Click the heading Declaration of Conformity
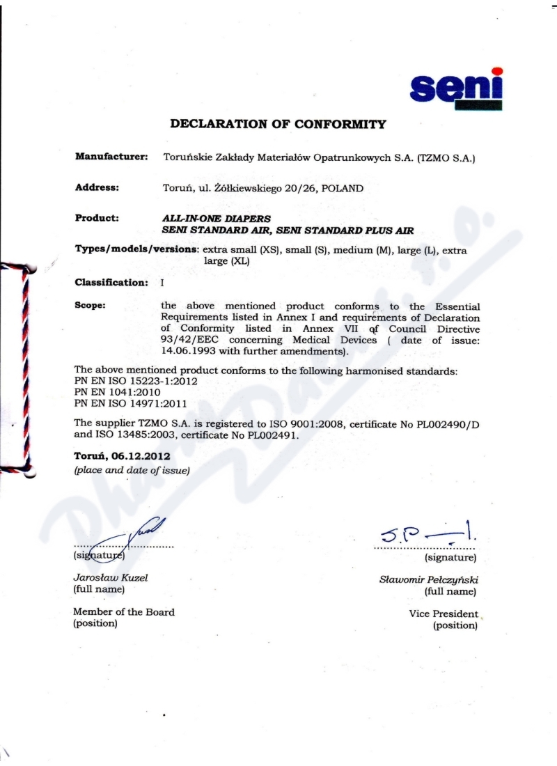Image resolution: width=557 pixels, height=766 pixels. coord(278,125)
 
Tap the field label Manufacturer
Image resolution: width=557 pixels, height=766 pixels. coord(111,157)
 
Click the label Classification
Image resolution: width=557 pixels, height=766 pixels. coord(111,282)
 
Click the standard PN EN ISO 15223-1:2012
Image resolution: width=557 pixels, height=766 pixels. coord(132,382)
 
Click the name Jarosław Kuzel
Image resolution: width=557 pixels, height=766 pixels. coord(110,577)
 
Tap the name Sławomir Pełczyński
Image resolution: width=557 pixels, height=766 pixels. coord(428,579)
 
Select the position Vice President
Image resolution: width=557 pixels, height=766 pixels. coord(444,614)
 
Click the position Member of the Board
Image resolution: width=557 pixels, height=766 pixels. coord(124,612)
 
